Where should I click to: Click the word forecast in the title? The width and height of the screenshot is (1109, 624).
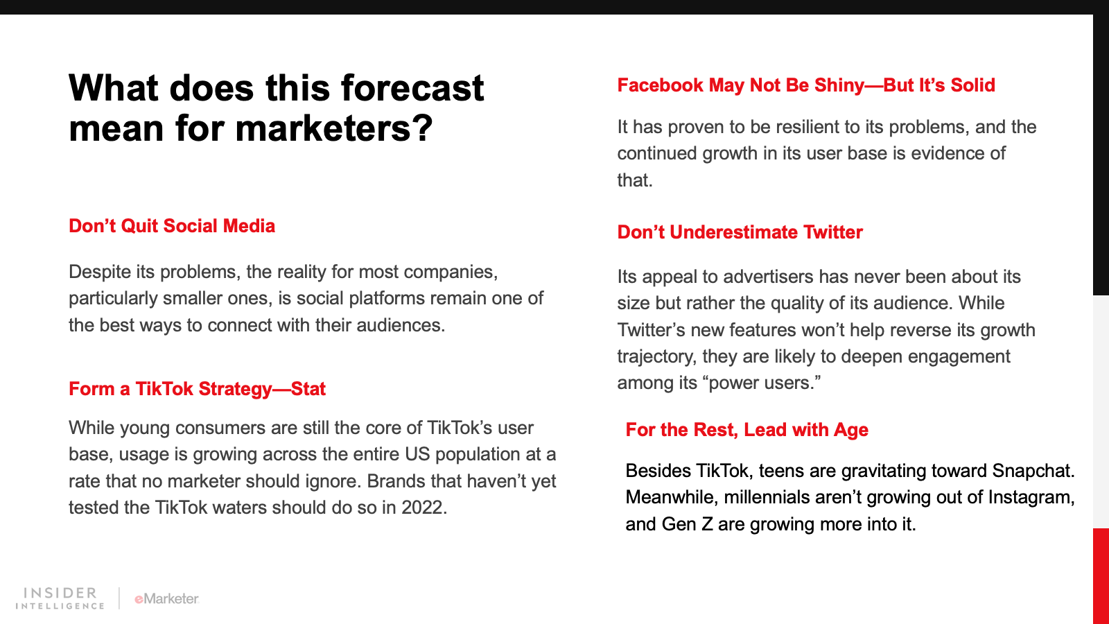(x=412, y=88)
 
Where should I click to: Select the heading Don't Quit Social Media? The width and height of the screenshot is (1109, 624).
(x=172, y=226)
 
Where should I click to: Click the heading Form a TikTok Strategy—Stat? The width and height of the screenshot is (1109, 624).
(x=197, y=389)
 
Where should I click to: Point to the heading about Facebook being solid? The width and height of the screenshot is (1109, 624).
(x=806, y=85)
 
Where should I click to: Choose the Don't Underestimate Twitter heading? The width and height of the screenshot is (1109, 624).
(x=740, y=232)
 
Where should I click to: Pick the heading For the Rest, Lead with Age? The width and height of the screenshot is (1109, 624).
(x=746, y=429)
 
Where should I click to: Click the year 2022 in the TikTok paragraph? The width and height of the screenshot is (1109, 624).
(x=422, y=508)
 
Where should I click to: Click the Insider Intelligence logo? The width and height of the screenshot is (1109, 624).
(x=60, y=598)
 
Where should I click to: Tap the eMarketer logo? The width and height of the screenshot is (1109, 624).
(x=166, y=599)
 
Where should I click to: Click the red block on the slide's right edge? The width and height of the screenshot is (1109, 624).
(x=1101, y=576)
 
